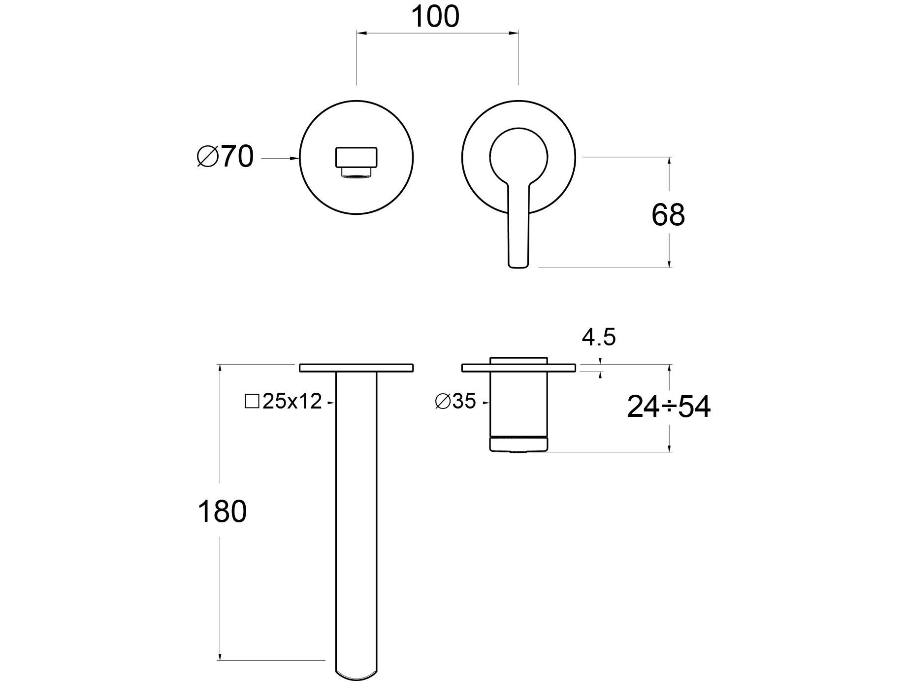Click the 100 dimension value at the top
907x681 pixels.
[435, 17]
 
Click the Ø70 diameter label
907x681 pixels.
[226, 157]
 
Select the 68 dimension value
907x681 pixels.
[668, 215]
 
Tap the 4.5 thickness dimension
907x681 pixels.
[599, 338]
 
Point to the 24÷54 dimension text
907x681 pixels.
[669, 408]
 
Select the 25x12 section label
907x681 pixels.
[284, 402]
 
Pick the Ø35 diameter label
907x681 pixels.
[455, 402]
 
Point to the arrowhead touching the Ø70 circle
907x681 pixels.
[295, 158]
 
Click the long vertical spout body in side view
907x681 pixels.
[356, 517]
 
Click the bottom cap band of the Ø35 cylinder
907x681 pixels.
[518, 444]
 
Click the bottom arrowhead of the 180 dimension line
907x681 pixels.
[219, 656]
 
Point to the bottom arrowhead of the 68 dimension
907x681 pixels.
[670, 264]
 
